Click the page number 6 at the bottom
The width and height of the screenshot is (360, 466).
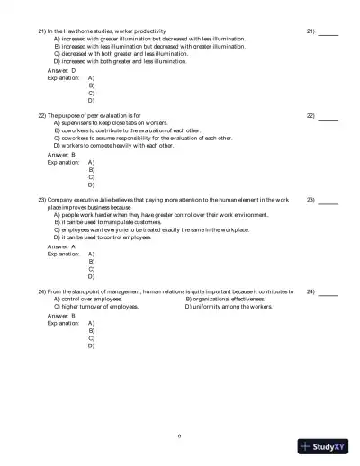pos(180,435)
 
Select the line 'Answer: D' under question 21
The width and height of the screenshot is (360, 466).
pos(62,69)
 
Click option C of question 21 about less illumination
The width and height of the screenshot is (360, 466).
pos(121,53)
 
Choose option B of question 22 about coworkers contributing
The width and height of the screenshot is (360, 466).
pos(131,130)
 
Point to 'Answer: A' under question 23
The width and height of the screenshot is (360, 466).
pos(62,246)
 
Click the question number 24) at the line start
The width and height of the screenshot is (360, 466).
pos(42,292)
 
